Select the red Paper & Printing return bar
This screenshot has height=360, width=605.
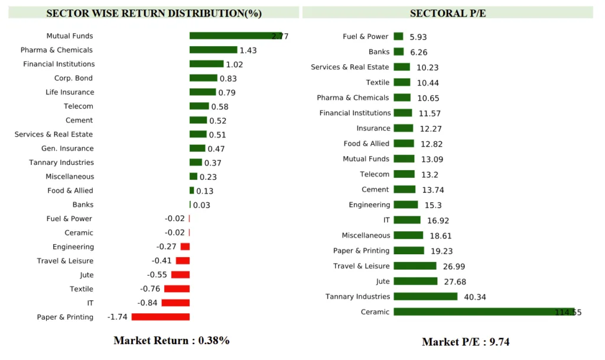coord(161,317)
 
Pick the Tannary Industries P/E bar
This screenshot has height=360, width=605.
coord(425,296)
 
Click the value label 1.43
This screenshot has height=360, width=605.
coord(248,50)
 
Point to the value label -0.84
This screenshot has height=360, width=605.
coord(148,303)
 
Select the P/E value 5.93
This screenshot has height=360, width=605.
coord(418,37)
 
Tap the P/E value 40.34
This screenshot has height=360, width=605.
coord(475,297)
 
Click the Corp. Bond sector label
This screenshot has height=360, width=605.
coord(73,78)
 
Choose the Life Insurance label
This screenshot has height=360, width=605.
coord(70,92)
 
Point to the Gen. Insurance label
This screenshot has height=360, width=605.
coord(67,148)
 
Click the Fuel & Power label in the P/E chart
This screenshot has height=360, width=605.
coord(366,37)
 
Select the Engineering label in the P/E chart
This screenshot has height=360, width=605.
coord(369,205)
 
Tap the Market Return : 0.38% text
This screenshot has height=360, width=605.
coord(171,340)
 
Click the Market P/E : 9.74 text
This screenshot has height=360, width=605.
coord(466,342)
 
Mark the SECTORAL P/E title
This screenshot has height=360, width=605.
coord(448,13)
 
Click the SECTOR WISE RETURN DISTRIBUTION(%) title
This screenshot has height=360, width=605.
coord(154,13)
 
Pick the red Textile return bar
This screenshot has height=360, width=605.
coord(177,288)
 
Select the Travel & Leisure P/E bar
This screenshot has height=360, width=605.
coord(415,266)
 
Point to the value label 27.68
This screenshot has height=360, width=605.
coord(454,281)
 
